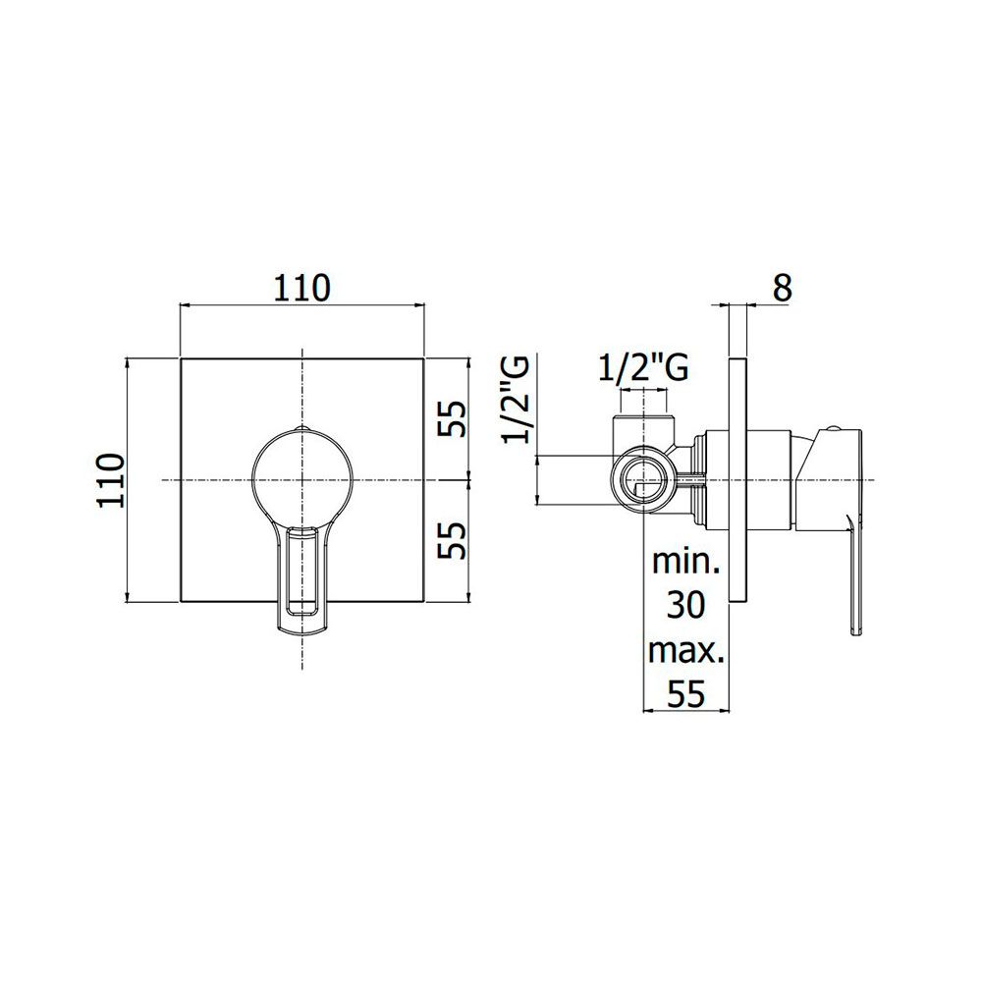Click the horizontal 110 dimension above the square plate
tap(301, 288)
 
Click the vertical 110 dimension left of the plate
tap(113, 480)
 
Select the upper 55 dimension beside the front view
tap(452, 419)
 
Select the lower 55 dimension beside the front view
tap(452, 540)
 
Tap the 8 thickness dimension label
tap(783, 288)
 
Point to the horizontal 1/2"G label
tap(643, 367)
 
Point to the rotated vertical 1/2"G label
tap(517, 400)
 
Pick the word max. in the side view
tap(685, 651)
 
